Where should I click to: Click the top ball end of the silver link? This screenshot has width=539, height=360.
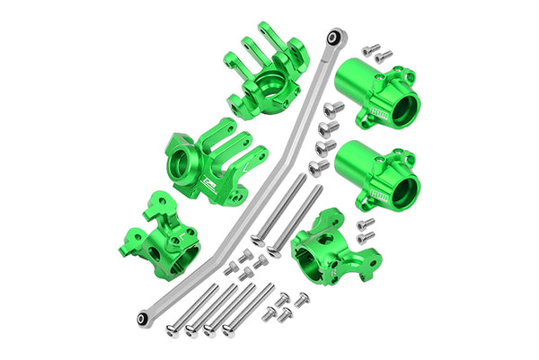[334, 36]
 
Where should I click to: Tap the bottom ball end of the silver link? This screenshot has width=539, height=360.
[143, 319]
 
